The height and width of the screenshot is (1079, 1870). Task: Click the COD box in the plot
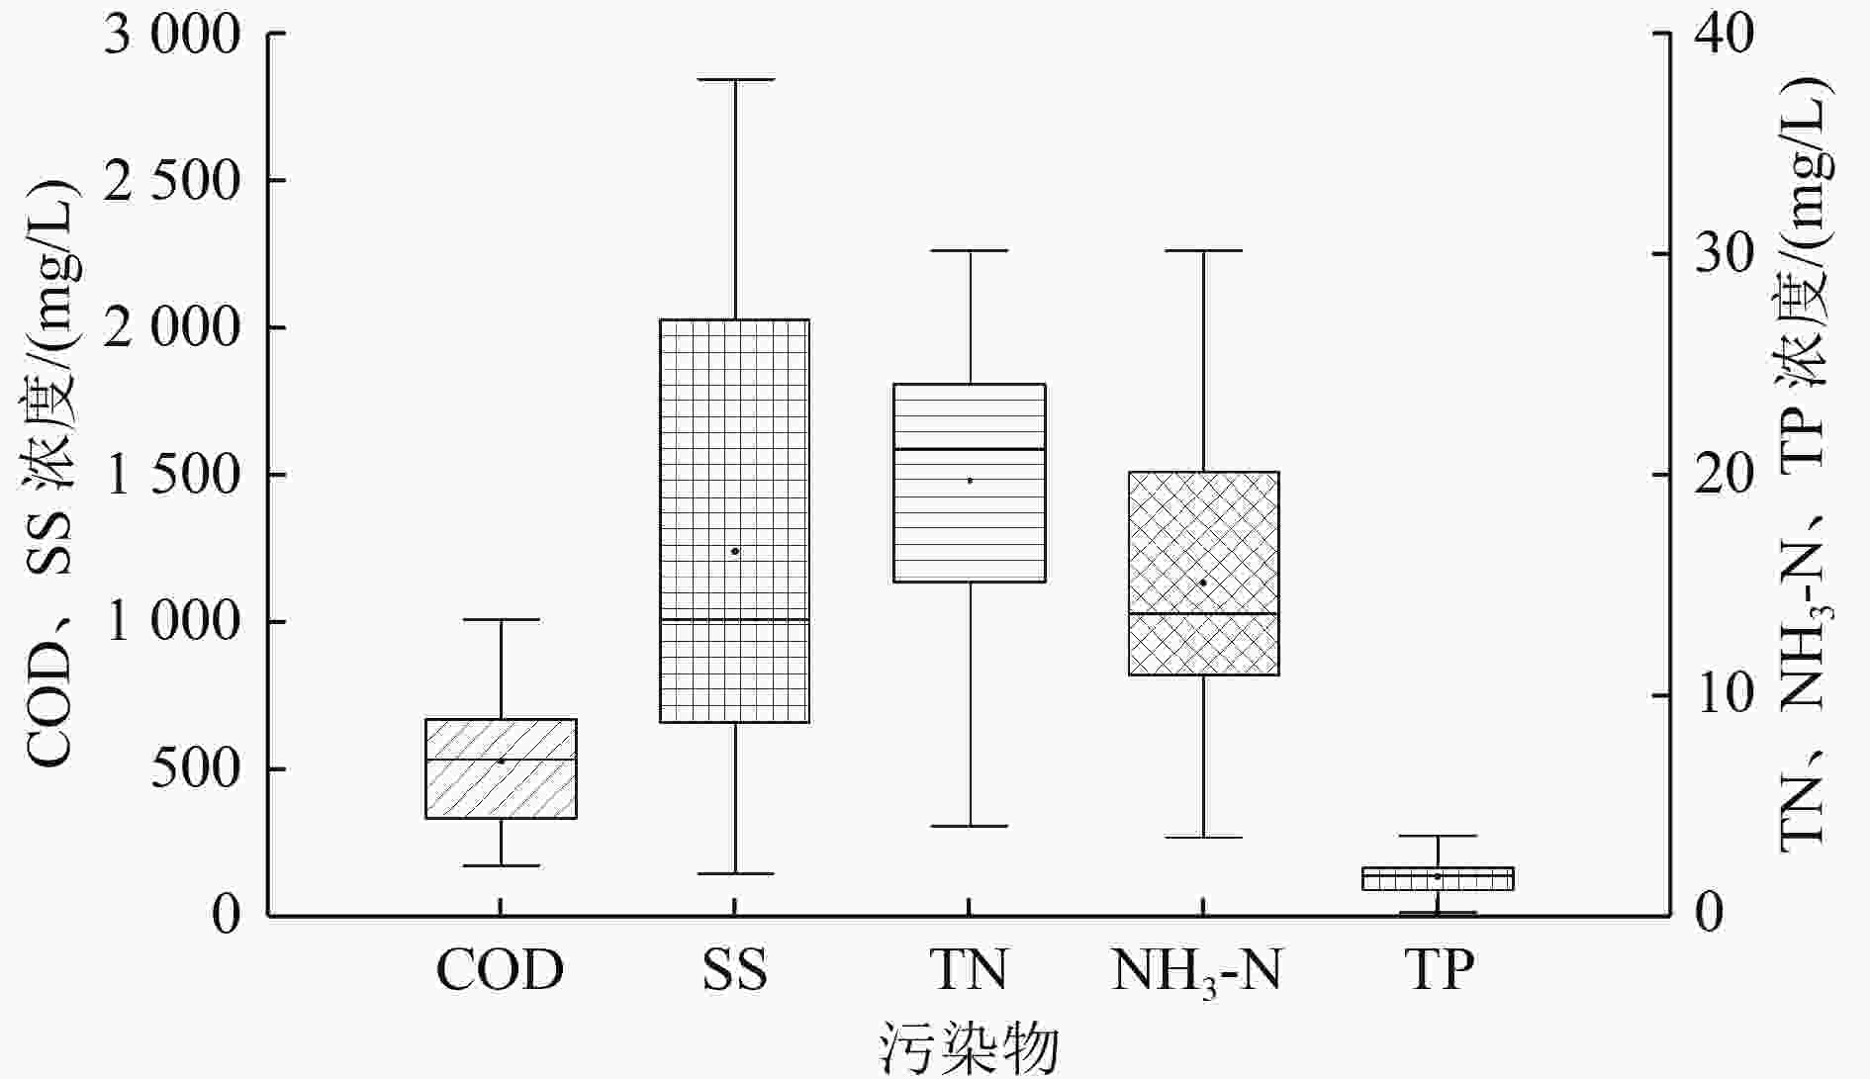pyautogui.click(x=501, y=768)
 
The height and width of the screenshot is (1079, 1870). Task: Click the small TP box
pyautogui.click(x=1438, y=878)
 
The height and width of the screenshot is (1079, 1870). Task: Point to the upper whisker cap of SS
pyautogui.click(x=735, y=79)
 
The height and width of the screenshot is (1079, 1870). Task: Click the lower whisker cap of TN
pyautogui.click(x=970, y=826)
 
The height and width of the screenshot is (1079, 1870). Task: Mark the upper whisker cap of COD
pyautogui.click(x=501, y=619)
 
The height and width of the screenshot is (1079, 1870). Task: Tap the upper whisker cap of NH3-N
pyautogui.click(x=1203, y=251)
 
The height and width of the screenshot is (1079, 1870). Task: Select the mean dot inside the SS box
pyautogui.click(x=735, y=551)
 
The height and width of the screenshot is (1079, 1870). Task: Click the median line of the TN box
pyautogui.click(x=970, y=449)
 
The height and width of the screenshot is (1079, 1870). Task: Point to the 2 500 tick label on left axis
pyautogui.click(x=172, y=181)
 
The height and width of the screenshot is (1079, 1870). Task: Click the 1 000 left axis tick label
pyautogui.click(x=172, y=622)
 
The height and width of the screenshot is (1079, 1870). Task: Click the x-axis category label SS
pyautogui.click(x=735, y=971)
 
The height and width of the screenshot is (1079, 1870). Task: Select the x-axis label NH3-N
pyautogui.click(x=1196, y=971)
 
